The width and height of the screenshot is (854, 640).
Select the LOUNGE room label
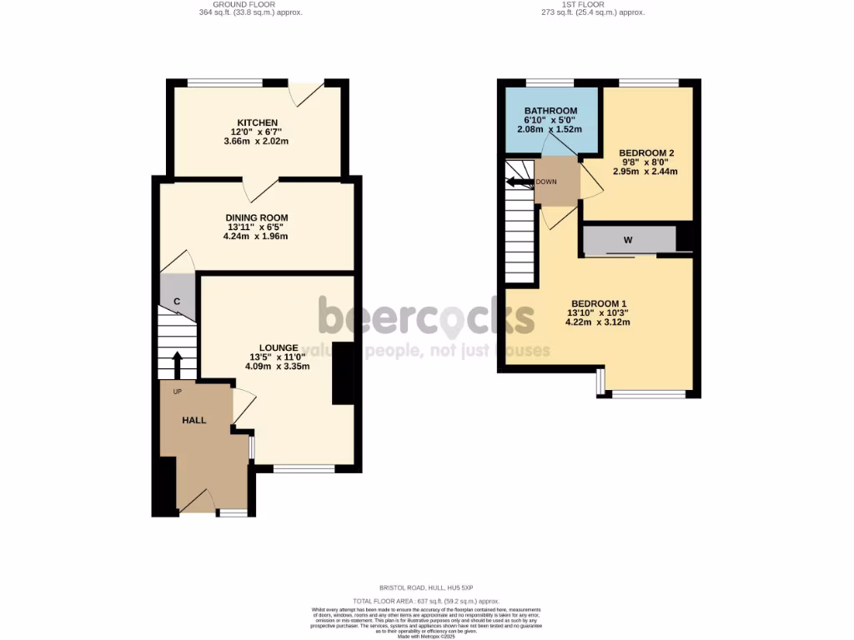point(279,347)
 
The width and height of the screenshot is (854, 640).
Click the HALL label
point(194,421)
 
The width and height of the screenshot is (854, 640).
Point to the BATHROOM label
point(550,111)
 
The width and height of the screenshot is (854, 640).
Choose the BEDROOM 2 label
point(647,153)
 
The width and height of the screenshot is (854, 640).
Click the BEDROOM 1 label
point(599,303)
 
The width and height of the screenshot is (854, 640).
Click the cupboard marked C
point(177,301)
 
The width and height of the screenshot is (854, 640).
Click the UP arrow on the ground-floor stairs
point(177,364)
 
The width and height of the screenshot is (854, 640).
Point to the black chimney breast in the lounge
point(343,372)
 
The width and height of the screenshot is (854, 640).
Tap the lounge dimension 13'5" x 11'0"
point(279,357)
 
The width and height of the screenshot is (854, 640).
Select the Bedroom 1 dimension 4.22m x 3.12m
point(599,322)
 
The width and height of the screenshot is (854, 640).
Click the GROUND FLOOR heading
point(251,4)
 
